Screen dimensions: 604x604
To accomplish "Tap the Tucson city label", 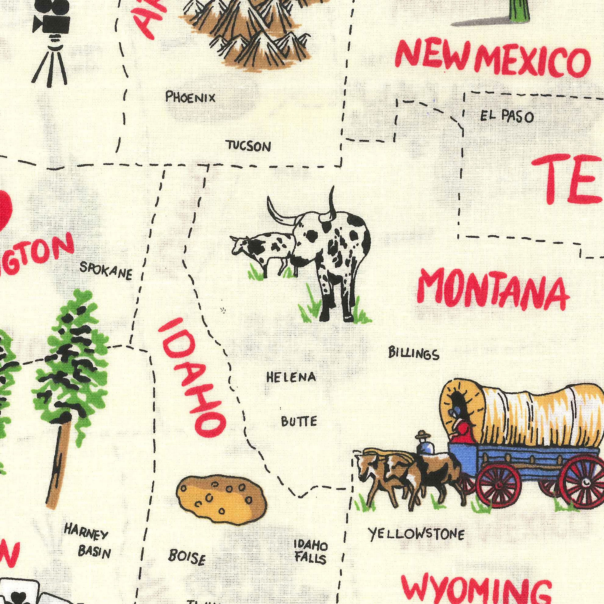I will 249,146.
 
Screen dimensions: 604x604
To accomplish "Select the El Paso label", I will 507,117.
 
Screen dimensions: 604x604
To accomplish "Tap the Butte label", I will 299,421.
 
